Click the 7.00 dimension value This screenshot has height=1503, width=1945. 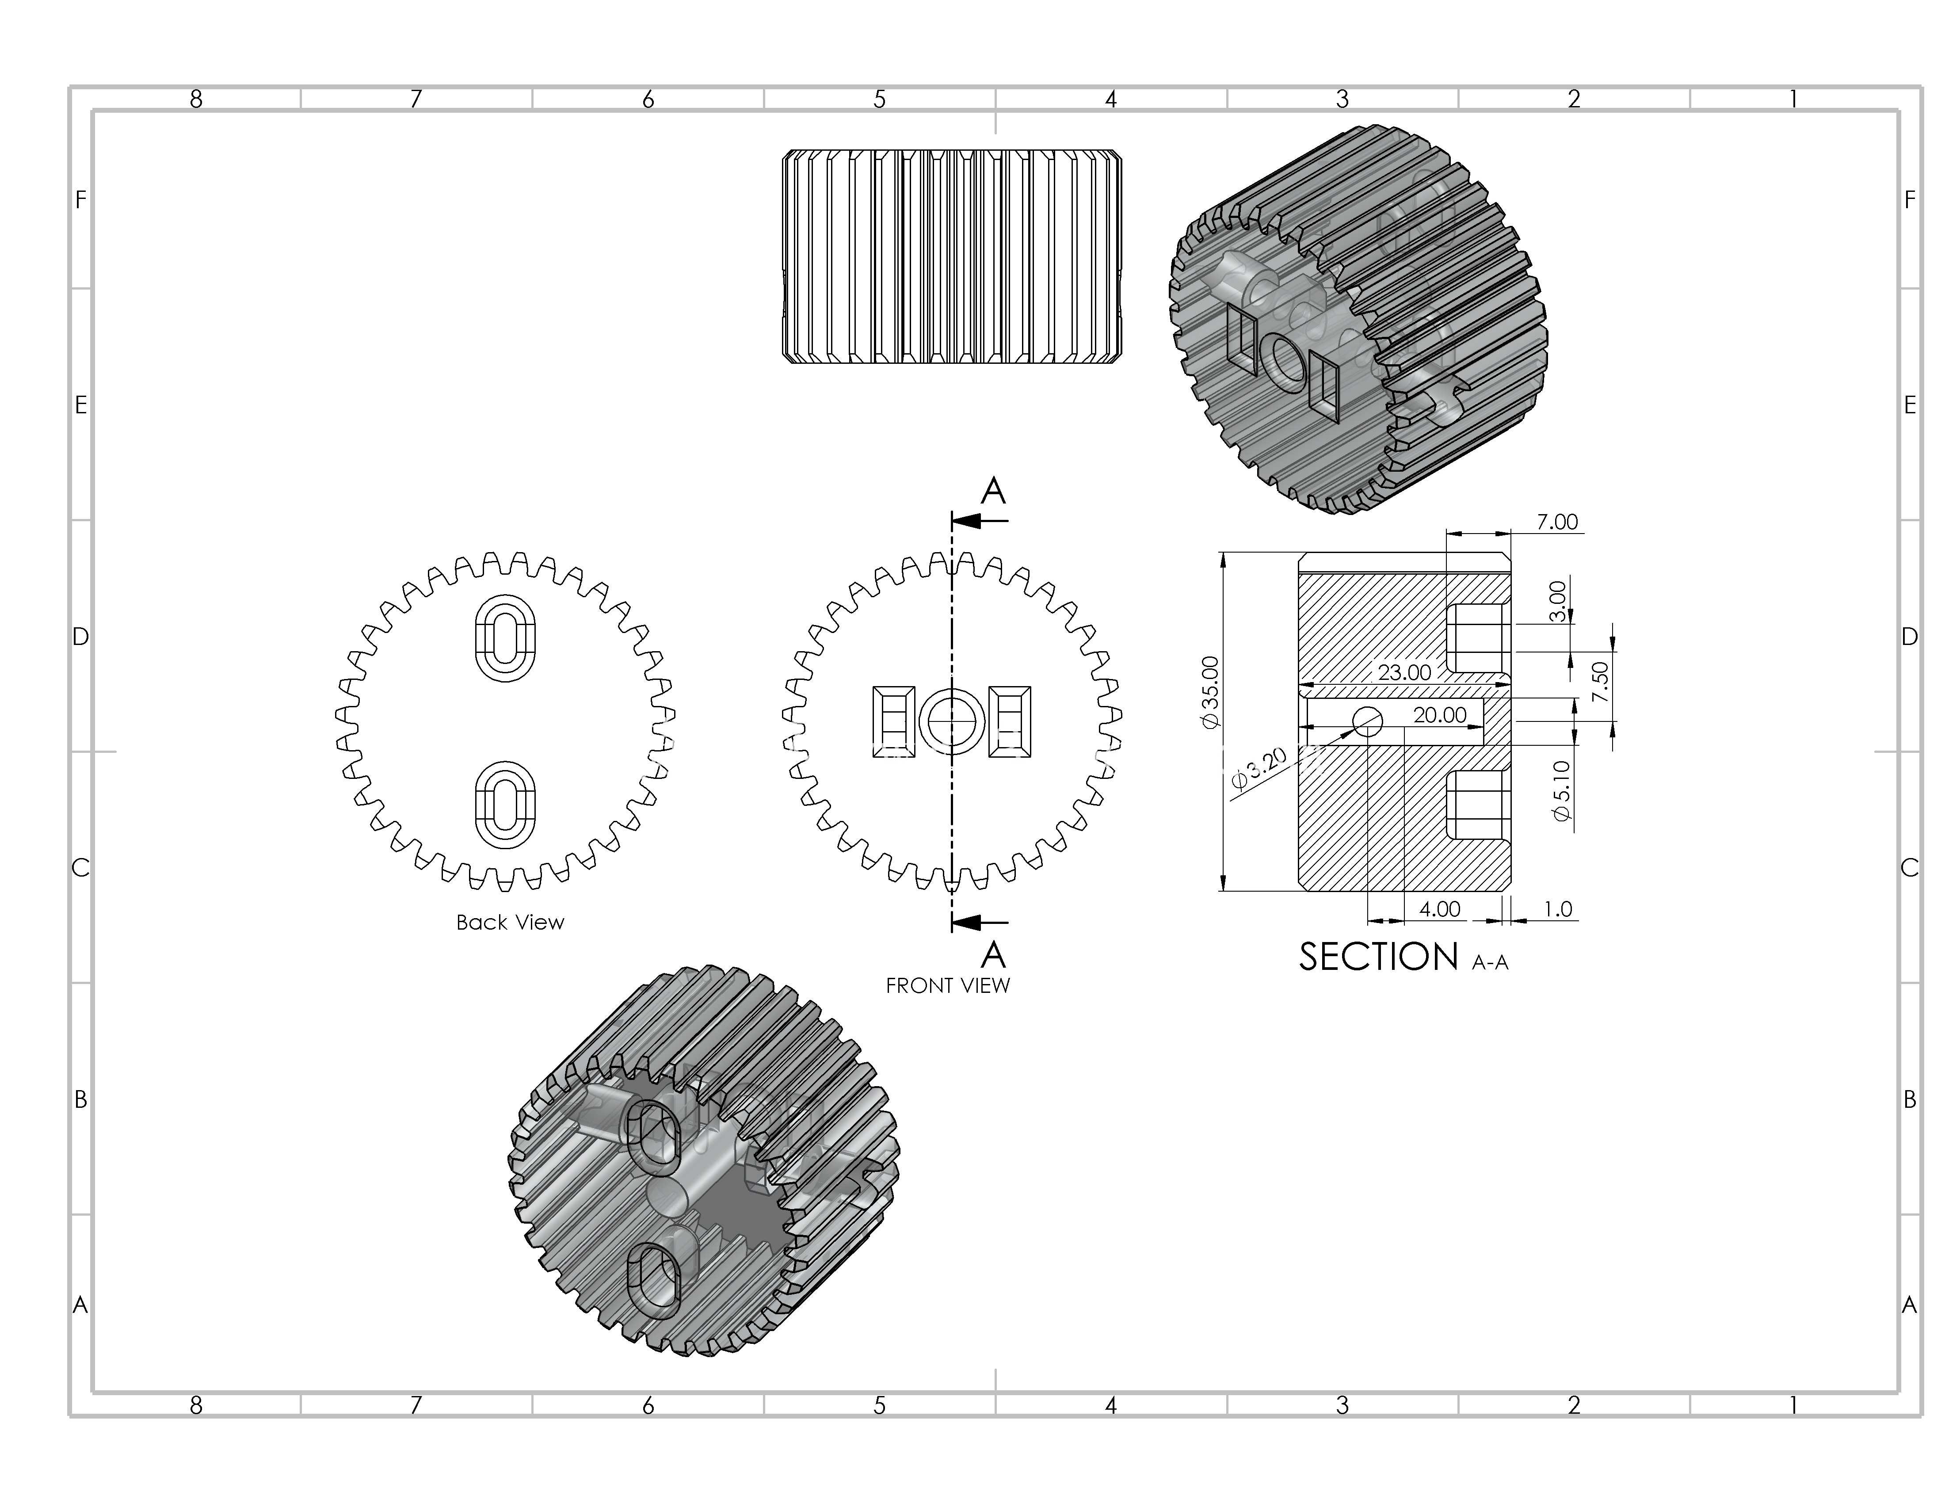click(x=1557, y=522)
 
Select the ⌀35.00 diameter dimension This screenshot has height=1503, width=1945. click(x=1210, y=693)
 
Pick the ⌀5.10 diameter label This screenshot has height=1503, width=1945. click(x=1561, y=791)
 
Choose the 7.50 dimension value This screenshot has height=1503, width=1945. click(x=1600, y=681)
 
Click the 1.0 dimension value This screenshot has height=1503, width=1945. click(x=1558, y=909)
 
